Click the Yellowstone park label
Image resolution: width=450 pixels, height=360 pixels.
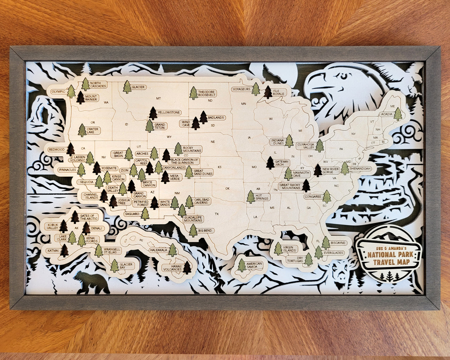pos(168,112)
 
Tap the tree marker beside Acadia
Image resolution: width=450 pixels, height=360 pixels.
pos(398,114)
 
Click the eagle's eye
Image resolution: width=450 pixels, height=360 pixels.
pos(343,75)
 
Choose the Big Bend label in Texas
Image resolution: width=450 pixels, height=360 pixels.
pos(205,231)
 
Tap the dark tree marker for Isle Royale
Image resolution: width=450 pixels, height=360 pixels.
pos(268,92)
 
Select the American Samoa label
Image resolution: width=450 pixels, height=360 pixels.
pos(254,265)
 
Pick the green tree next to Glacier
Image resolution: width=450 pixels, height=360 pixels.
pos(127,87)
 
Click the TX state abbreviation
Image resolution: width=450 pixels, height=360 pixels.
pos(217,214)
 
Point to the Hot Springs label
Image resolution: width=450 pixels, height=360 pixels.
pos(263,197)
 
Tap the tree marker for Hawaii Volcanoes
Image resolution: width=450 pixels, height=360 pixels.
pos(187,267)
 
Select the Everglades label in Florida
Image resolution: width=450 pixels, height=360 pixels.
pos(333,253)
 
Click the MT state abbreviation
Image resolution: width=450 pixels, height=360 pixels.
pos(158,98)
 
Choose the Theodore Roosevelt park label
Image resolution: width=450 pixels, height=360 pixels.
pos(206,93)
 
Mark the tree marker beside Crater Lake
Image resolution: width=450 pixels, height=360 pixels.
pos(82,130)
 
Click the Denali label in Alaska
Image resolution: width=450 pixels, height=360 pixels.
pos(97,228)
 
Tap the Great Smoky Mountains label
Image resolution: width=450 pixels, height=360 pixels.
pos(290,186)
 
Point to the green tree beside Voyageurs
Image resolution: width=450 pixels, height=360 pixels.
pos(256,89)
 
